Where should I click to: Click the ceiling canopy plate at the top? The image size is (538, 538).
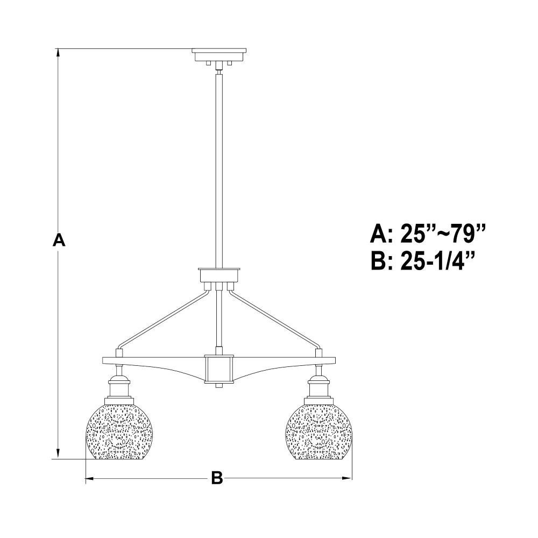click(219, 55)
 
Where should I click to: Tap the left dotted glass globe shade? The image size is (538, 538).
click(114, 432)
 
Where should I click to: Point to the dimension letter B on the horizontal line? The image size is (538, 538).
click(216, 478)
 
